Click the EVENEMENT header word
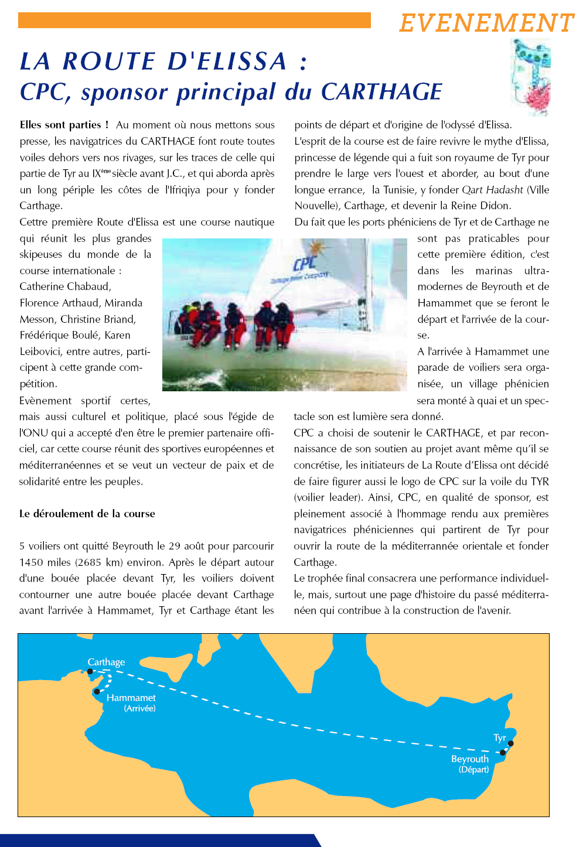486,23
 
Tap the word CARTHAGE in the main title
381,92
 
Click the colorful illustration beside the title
530,77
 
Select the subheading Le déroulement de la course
87,514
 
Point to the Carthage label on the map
106,662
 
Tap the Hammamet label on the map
131,698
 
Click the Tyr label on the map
500,737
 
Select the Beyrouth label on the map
470,759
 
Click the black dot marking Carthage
90,672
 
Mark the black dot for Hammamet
97,692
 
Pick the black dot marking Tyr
511,743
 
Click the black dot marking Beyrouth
503,753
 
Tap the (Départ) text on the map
473,770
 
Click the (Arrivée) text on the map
139,708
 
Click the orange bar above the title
195,21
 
